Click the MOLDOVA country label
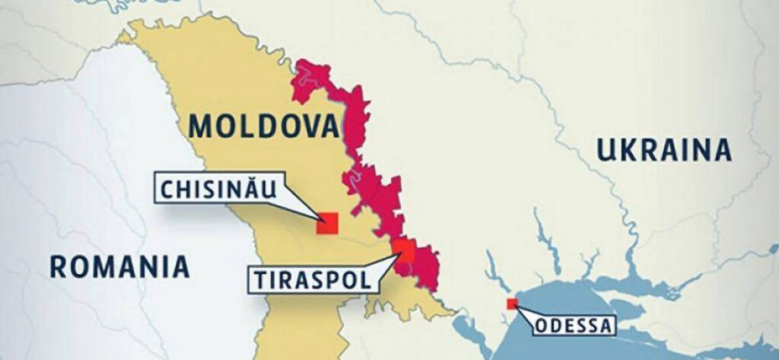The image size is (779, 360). click(265, 126)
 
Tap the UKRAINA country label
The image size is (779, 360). click(664, 150)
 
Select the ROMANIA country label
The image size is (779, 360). click(119, 267)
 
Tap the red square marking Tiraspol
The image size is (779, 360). click(405, 250)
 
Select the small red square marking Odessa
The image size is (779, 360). click(512, 304)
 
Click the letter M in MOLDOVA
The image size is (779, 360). click(203, 126)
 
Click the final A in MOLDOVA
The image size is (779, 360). click(328, 126)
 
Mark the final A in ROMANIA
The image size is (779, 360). click(180, 267)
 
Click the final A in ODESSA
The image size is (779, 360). click(606, 328)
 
